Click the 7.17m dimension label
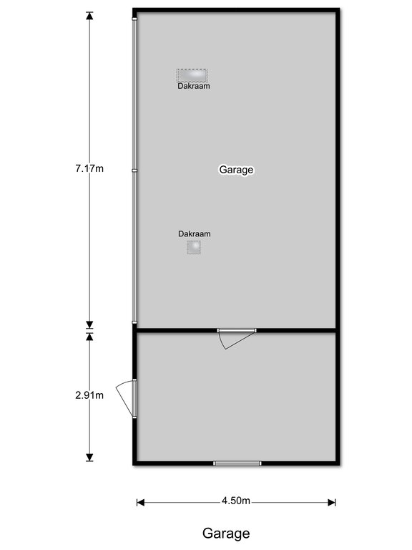89,169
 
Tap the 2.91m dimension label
89,395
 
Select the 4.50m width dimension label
236,501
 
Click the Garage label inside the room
236,170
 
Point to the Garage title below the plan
226,534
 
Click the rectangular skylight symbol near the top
192,75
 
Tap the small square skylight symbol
194,247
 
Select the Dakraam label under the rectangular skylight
194,86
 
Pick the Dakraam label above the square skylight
195,233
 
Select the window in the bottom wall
237,463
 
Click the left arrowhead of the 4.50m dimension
140,503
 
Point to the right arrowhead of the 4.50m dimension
332,503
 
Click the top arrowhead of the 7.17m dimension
89,16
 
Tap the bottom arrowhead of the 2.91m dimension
89,458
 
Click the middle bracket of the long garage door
134,170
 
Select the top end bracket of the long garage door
134,19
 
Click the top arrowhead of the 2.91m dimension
89,337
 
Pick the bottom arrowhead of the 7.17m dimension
89,324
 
